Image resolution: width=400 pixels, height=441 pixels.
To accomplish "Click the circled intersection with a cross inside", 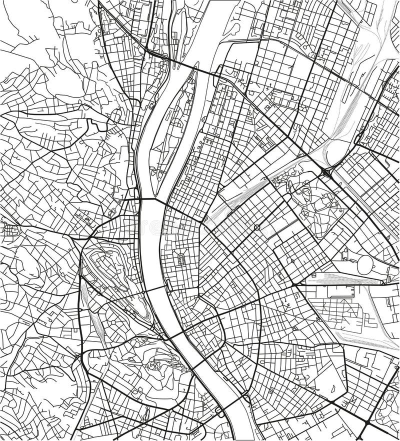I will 257,227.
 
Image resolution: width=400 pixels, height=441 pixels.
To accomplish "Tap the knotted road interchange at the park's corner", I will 326,172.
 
